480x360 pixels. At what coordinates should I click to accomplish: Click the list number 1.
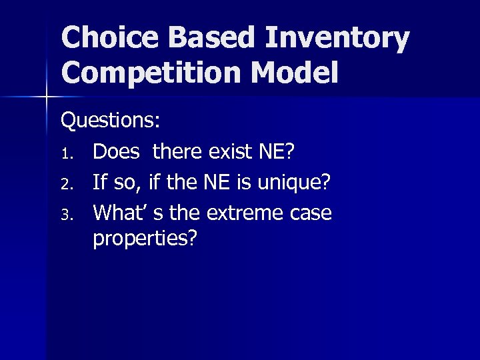click(x=67, y=153)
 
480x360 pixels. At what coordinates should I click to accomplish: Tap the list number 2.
click(x=67, y=184)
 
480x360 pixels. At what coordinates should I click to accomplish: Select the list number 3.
click(x=67, y=215)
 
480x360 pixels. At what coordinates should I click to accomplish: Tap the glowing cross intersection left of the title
click(x=47, y=97)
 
